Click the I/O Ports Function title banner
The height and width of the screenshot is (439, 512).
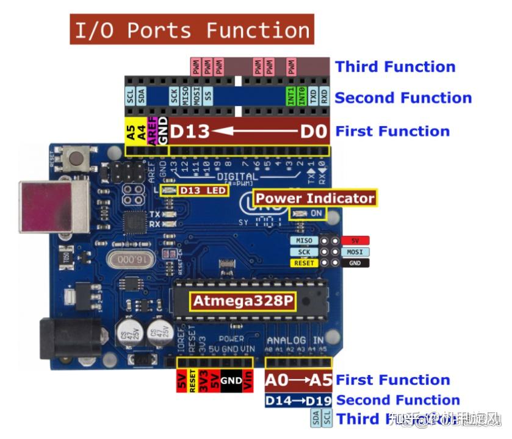192,29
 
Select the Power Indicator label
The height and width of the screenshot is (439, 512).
314,198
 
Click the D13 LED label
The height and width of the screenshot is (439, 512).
203,191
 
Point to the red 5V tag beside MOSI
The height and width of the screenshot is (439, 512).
355,241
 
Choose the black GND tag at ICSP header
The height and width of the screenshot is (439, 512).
355,263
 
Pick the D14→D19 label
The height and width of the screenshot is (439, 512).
298,401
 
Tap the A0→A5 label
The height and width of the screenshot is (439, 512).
298,380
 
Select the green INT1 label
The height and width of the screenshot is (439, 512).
290,97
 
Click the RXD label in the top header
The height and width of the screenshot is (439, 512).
324,97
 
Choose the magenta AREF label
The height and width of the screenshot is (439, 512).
153,130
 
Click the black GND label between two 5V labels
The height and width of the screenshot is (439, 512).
231,380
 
